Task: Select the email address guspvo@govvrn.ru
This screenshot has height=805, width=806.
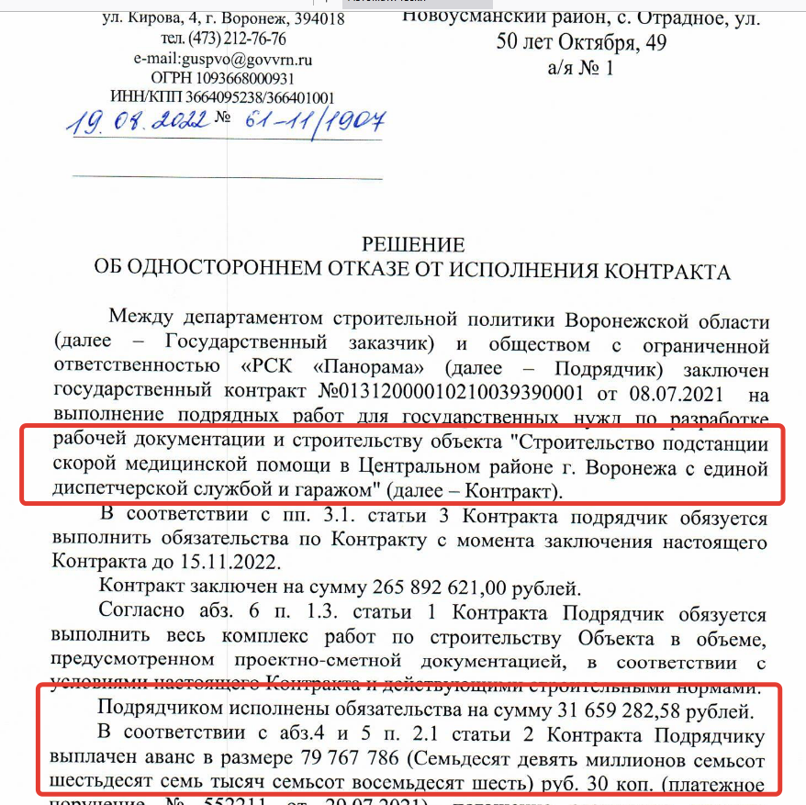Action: pyautogui.click(x=247, y=59)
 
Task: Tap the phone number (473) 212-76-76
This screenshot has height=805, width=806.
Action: pyautogui.click(x=237, y=39)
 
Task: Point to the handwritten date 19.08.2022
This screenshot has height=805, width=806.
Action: pyautogui.click(x=138, y=121)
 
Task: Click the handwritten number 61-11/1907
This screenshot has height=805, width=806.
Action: pyautogui.click(x=312, y=121)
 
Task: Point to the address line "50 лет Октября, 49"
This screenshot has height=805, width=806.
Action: pyautogui.click(x=581, y=42)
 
